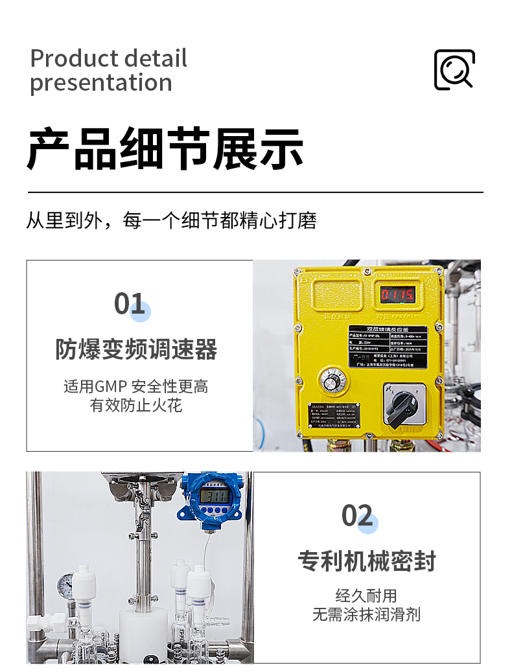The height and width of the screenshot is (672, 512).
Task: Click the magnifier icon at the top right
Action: (454, 69)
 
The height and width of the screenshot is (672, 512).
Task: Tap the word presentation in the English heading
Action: (101, 83)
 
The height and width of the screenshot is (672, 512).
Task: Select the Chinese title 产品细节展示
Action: (165, 150)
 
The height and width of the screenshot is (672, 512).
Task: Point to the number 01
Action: (130, 304)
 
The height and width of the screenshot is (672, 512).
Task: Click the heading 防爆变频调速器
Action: (136, 350)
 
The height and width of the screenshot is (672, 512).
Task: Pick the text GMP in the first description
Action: (111, 387)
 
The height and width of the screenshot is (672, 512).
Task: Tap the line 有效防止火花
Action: (136, 406)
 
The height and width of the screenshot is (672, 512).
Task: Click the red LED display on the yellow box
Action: (397, 295)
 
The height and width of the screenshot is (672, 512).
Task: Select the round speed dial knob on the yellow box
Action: (332, 381)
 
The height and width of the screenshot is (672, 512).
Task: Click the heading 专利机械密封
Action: (367, 561)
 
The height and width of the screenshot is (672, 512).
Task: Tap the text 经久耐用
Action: (366, 596)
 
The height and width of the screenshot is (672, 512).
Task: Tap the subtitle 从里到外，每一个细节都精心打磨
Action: (171, 220)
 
